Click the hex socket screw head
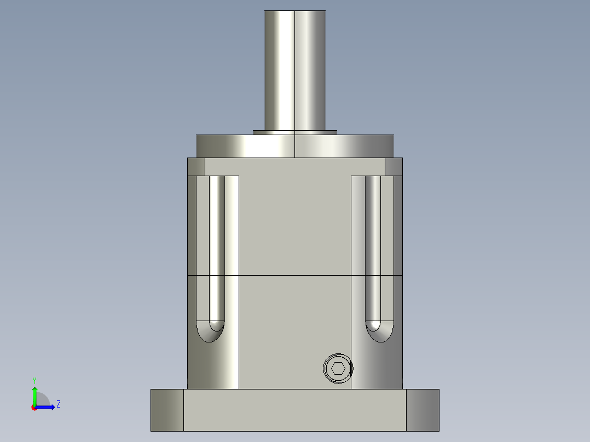(338, 369)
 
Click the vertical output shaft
(295, 71)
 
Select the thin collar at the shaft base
(295, 132)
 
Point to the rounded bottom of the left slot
(210, 331)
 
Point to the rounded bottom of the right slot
(379, 331)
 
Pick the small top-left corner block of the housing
(196, 167)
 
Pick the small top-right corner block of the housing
(394, 167)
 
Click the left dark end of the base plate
(167, 410)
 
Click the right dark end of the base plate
(423, 410)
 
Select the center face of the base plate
(295, 410)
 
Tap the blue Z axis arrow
(47, 407)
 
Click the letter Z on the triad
(58, 404)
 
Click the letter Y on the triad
(34, 380)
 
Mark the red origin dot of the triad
(34, 408)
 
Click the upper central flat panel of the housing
(295, 224)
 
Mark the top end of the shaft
(295, 12)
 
